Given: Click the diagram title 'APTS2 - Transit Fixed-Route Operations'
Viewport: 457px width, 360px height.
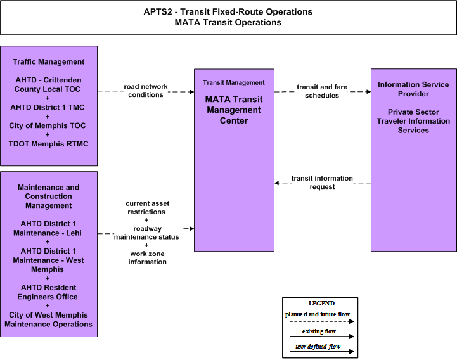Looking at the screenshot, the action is coord(228,11).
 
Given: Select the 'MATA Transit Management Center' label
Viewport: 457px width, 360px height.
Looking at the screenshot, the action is coord(234,110).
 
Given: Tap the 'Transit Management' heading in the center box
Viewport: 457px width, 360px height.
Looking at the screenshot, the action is coord(234,83).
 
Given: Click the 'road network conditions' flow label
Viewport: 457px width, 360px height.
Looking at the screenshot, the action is coord(146,91).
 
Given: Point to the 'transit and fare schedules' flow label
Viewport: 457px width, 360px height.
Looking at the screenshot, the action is coord(322,91).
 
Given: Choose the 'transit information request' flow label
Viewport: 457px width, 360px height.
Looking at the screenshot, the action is coord(322,183).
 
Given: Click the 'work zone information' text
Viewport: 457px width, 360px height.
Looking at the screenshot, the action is coord(148,258).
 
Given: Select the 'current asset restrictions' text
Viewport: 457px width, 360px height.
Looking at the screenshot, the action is coord(147,207).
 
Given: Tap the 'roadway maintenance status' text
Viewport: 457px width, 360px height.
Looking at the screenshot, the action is coord(146,233).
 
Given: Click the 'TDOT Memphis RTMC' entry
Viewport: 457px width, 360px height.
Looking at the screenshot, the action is coord(48,144).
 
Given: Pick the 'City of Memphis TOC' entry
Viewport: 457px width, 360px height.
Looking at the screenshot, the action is coord(47,125).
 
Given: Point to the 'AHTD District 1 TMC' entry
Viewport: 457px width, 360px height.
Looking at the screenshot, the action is coord(48,107).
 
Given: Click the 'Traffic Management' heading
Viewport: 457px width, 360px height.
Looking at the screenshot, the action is coord(48,62).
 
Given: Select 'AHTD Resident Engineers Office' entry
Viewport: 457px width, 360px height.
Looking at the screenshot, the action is coord(48,292).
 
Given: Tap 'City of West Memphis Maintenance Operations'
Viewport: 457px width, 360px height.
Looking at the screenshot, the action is coord(48,319).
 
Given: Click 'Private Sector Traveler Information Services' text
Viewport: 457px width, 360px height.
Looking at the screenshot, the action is coord(413,121).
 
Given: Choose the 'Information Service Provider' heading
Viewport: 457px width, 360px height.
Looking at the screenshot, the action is coord(413,89).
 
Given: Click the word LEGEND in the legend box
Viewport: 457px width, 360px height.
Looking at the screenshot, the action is coord(321,304).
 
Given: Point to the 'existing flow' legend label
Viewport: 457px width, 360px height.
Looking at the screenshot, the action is coord(319,331).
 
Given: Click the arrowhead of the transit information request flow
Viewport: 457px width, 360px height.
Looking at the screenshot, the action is coord(276,183).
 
